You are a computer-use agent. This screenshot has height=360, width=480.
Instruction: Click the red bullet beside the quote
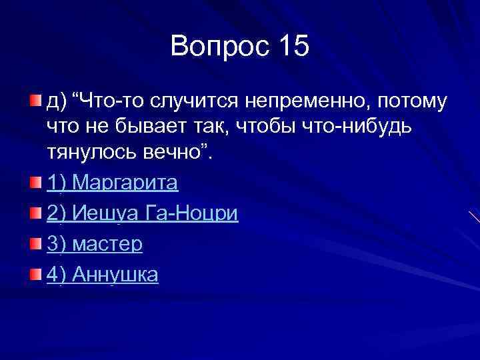[35, 101]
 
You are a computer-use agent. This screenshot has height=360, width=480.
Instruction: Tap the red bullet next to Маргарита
[35, 181]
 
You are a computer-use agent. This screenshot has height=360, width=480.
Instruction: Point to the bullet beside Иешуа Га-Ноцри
[35, 212]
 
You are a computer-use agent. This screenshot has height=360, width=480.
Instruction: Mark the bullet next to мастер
[35, 243]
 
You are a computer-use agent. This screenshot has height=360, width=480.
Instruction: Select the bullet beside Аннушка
[35, 273]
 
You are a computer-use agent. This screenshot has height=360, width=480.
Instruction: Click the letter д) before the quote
[57, 102]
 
